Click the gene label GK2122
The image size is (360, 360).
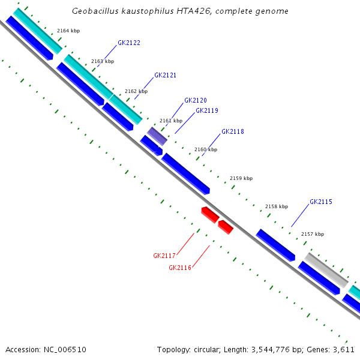point(129,43)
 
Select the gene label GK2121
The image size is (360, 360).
point(165,76)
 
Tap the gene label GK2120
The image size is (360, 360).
point(195,101)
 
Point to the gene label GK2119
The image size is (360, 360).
point(206,110)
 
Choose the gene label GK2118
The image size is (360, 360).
point(232,132)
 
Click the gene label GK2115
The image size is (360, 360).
point(320,202)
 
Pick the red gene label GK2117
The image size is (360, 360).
point(164,256)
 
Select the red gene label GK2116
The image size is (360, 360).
point(179,268)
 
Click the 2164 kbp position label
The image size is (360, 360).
point(68,30)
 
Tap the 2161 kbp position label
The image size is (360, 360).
point(170,121)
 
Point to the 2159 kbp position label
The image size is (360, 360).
point(241,178)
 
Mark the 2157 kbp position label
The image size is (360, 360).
point(312,234)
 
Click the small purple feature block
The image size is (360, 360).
point(157,136)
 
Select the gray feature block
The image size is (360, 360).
point(326,269)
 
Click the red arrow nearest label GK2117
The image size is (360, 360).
point(209,214)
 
